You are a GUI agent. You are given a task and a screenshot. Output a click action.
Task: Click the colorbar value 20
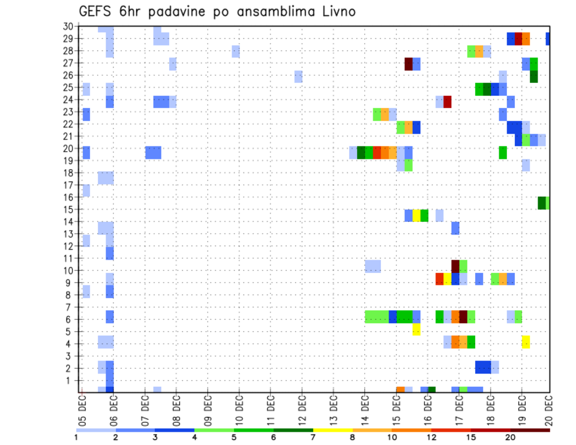(x=511, y=438)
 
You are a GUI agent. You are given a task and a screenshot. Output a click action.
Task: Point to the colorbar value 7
(x=313, y=438)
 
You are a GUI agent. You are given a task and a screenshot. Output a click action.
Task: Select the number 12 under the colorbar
(x=431, y=438)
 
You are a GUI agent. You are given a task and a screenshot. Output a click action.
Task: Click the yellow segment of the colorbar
(x=333, y=430)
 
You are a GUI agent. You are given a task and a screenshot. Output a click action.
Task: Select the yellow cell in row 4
(x=526, y=342)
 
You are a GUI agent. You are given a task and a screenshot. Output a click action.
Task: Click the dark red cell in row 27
(x=409, y=64)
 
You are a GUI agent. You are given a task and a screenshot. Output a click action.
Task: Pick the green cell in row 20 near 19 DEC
(x=503, y=152)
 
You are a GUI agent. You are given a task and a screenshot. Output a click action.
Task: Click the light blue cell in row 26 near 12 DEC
(x=298, y=76)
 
